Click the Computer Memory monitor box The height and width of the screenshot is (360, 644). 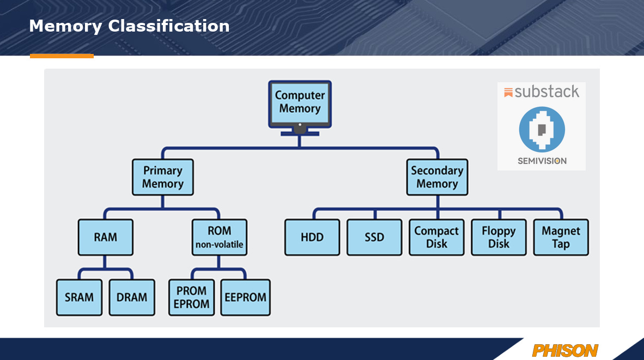tap(300, 102)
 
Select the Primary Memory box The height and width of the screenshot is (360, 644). tap(162, 177)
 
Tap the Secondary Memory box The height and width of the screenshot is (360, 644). tap(437, 177)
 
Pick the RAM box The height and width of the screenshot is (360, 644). tap(105, 237)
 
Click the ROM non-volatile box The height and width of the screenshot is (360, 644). tap(219, 237)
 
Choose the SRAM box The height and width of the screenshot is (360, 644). tap(79, 297)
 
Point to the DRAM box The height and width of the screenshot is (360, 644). tap(132, 297)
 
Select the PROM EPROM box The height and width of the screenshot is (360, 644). tap(191, 297)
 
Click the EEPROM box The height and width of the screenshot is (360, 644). tap(245, 297)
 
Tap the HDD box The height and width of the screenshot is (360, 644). tap(312, 237)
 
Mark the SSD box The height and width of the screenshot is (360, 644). tap(374, 237)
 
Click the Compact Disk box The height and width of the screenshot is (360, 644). tap(436, 237)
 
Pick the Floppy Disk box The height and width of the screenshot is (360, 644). tap(499, 237)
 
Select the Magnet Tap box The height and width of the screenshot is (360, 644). tap(561, 237)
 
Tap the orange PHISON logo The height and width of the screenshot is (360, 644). tap(565, 350)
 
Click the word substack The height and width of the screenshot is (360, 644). tap(546, 92)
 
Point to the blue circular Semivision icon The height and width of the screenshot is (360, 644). tap(542, 129)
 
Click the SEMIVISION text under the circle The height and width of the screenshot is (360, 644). tap(542, 161)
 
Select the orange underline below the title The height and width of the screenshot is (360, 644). tap(62, 56)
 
